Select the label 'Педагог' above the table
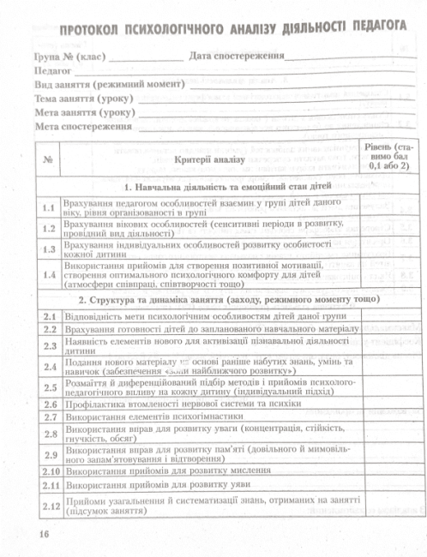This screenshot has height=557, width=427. click(52, 72)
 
